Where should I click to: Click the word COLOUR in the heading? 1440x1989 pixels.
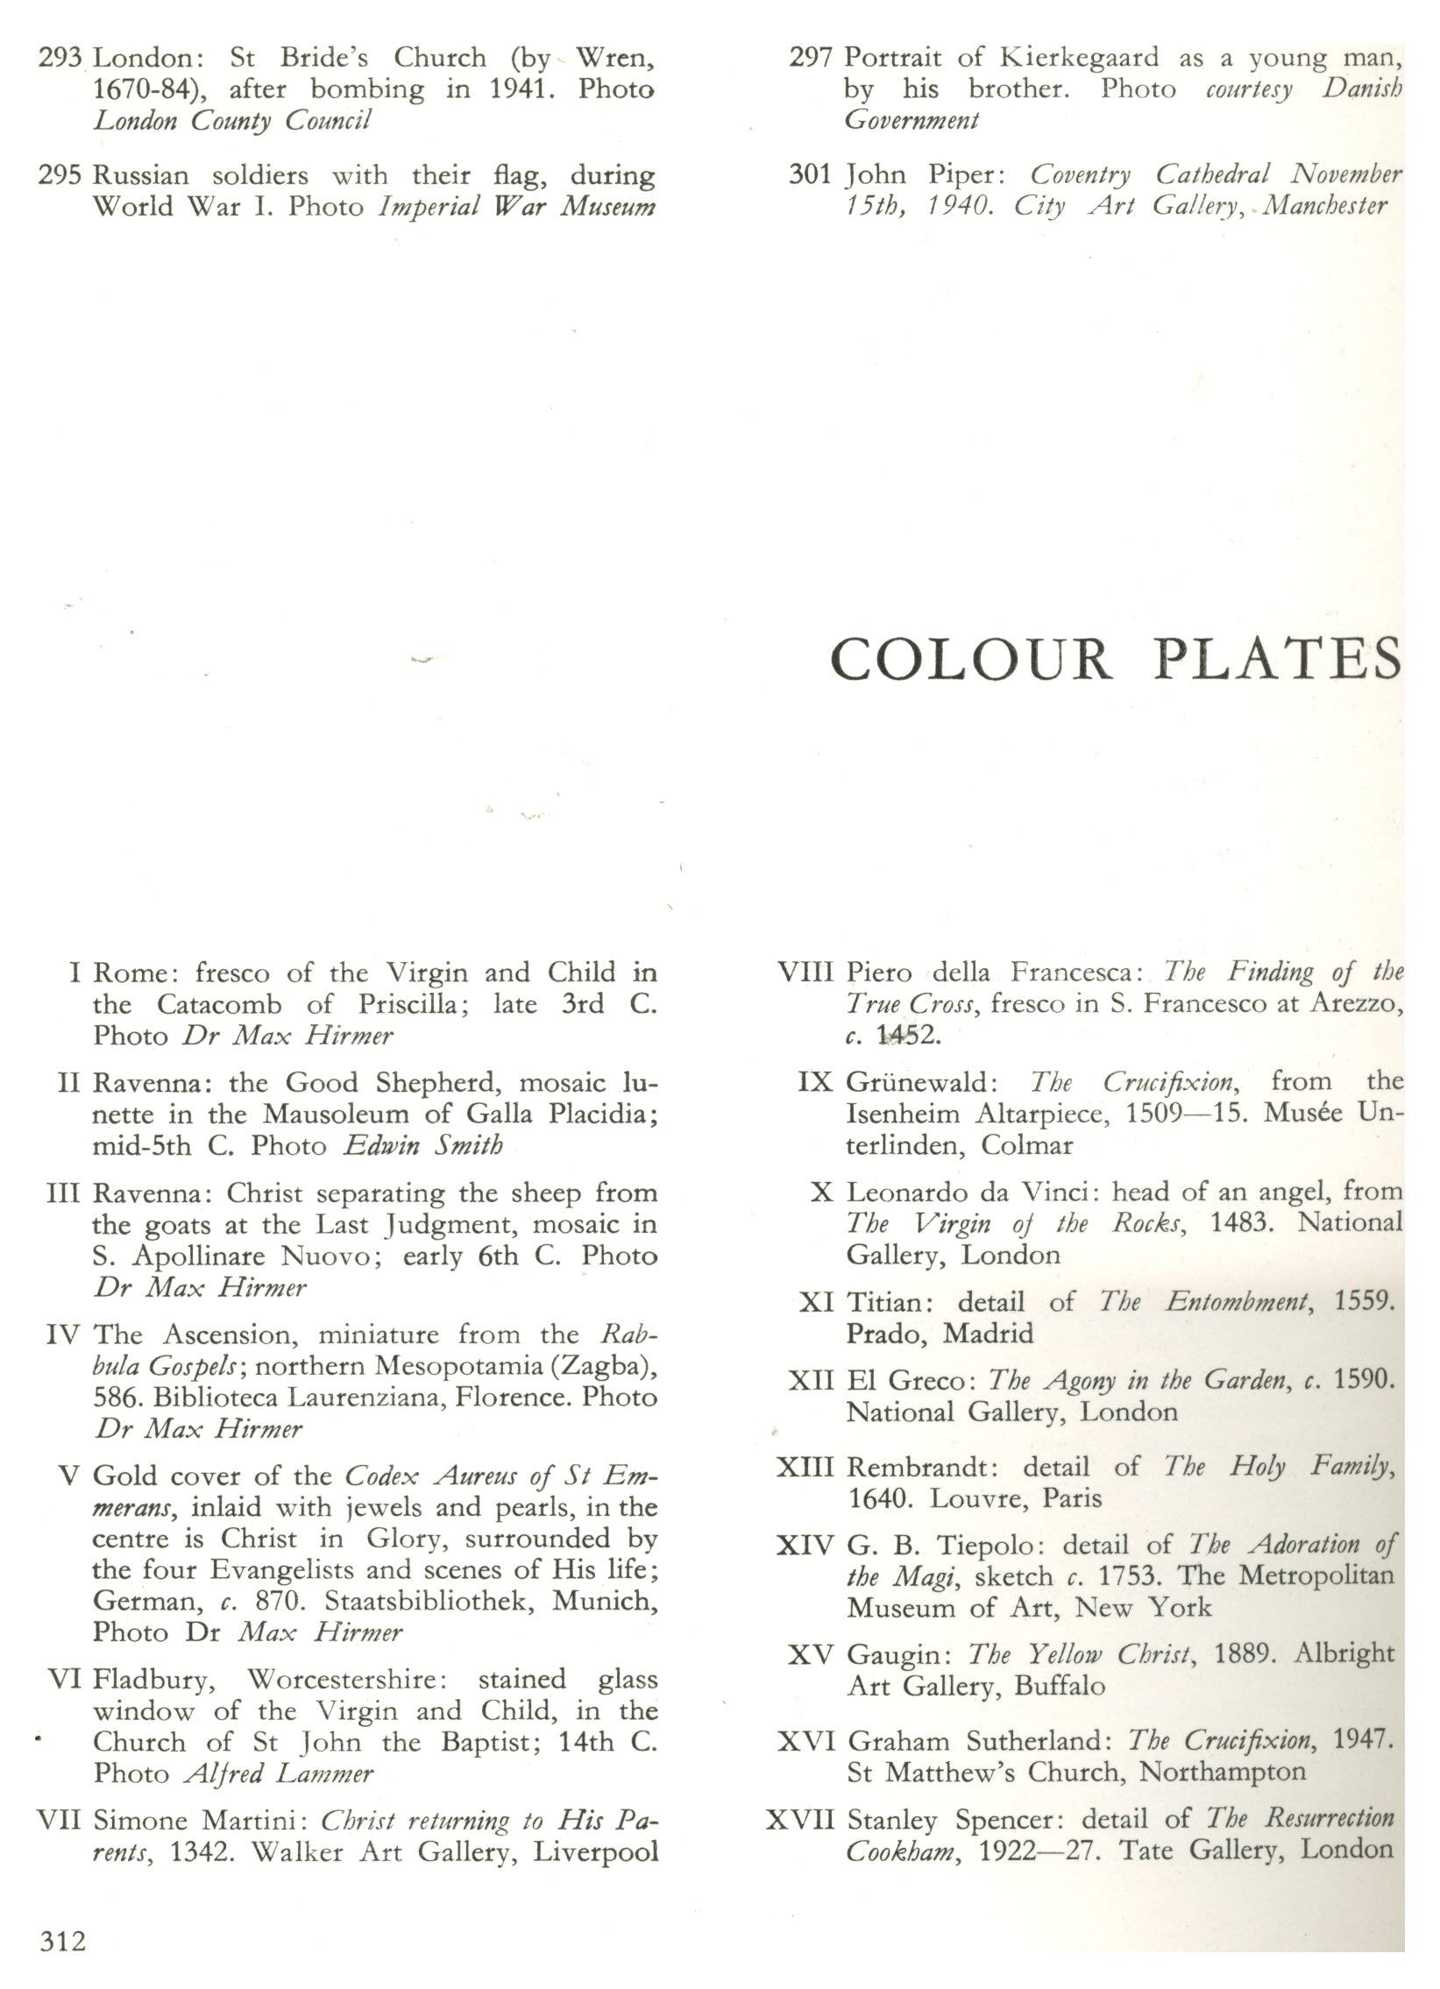(972, 660)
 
